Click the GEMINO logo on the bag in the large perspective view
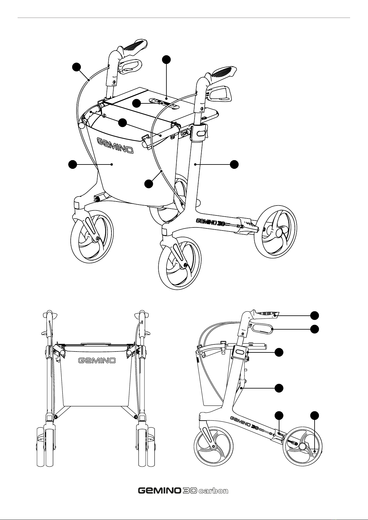(x=115, y=146)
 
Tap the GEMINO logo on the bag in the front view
(x=97, y=360)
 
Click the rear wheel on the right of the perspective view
(x=275, y=231)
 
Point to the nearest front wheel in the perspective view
(x=180, y=264)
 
